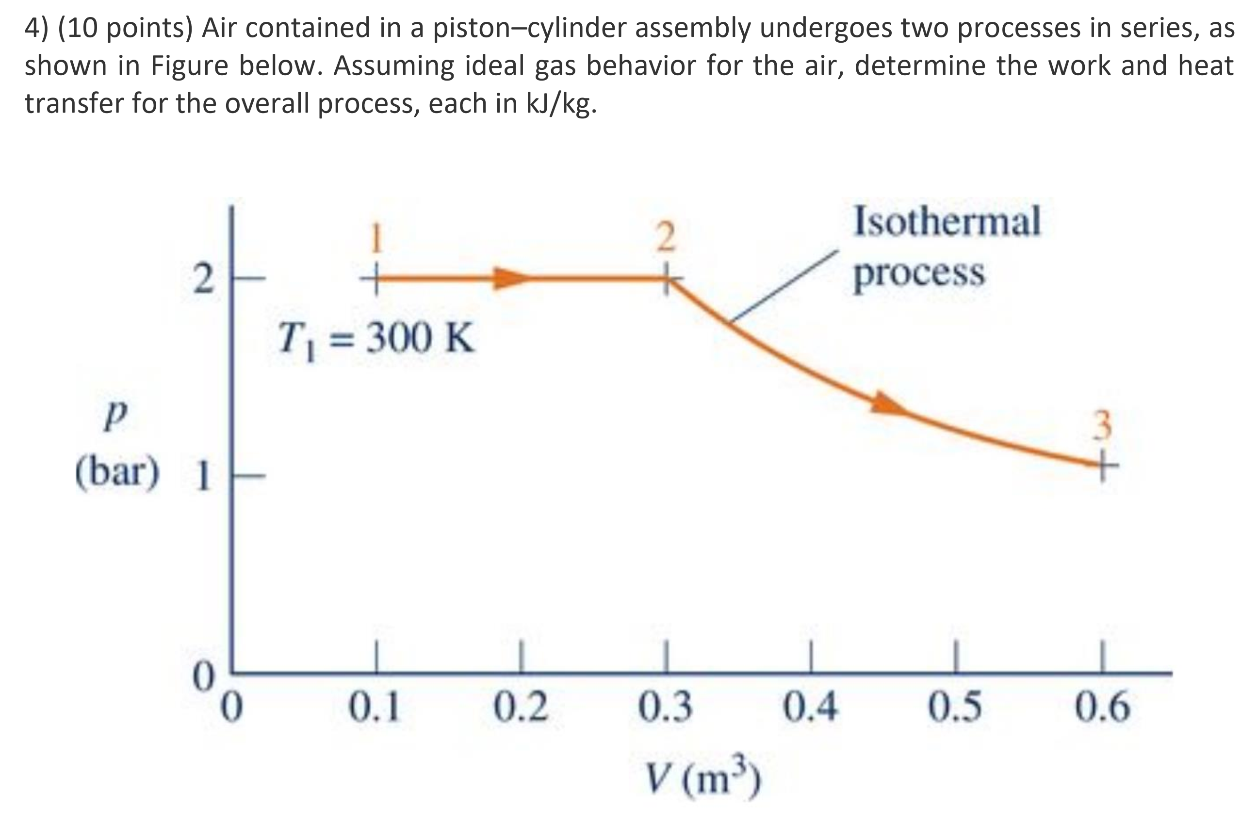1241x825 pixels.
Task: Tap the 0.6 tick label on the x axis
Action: coord(1102,708)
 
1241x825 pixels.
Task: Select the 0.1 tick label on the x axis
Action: coord(375,708)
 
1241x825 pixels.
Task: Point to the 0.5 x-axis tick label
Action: coord(955,708)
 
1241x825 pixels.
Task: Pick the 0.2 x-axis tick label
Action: coord(521,708)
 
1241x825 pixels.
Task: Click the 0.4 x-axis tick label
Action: coord(810,708)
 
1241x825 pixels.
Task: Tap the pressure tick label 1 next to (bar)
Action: coord(202,476)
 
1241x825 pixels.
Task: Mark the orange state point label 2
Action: coord(666,237)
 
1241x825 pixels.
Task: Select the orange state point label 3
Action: coord(1103,425)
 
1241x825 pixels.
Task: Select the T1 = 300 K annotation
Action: coord(376,338)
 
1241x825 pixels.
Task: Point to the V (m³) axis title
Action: coord(702,776)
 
